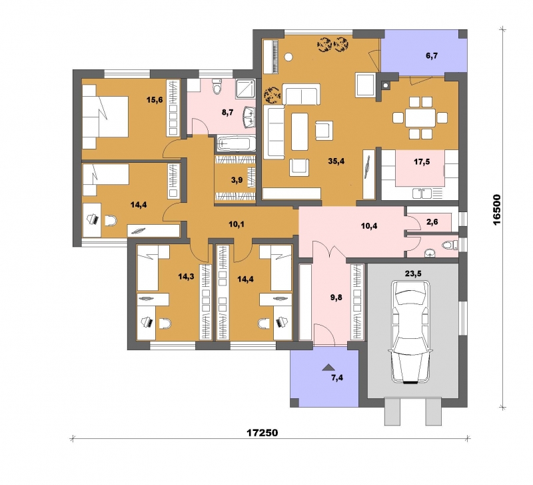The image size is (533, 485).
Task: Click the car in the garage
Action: [410, 332]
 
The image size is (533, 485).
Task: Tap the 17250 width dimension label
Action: [262, 432]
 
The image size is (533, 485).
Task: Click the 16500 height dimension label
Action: [497, 209]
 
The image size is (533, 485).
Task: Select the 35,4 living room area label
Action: [336, 161]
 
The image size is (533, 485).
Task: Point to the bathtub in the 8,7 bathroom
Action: [236, 143]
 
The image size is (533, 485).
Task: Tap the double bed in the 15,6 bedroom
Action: [105, 116]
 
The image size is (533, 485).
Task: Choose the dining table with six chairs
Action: [420, 118]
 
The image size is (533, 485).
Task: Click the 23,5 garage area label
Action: [413, 273]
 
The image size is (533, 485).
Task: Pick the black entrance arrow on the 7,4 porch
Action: [328, 367]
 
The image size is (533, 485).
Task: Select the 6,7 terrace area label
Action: [432, 56]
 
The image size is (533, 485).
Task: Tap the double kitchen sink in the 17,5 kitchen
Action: [422, 193]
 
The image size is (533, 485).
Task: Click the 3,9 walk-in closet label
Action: [237, 180]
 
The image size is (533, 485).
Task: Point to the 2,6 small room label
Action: [432, 222]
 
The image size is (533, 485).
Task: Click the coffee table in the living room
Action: [299, 131]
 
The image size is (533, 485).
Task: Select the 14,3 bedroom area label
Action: [187, 276]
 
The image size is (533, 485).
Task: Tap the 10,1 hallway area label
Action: [237, 224]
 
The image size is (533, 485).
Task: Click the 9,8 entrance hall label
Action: [336, 298]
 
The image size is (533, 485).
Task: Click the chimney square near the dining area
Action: [385, 85]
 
